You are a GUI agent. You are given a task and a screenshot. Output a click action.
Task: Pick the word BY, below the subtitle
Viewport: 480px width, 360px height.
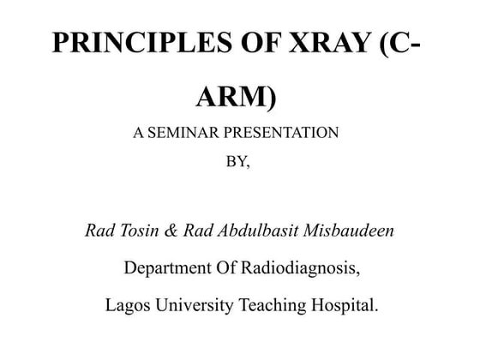coord(237,163)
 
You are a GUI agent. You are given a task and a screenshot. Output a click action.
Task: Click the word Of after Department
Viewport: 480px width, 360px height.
coord(221,268)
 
